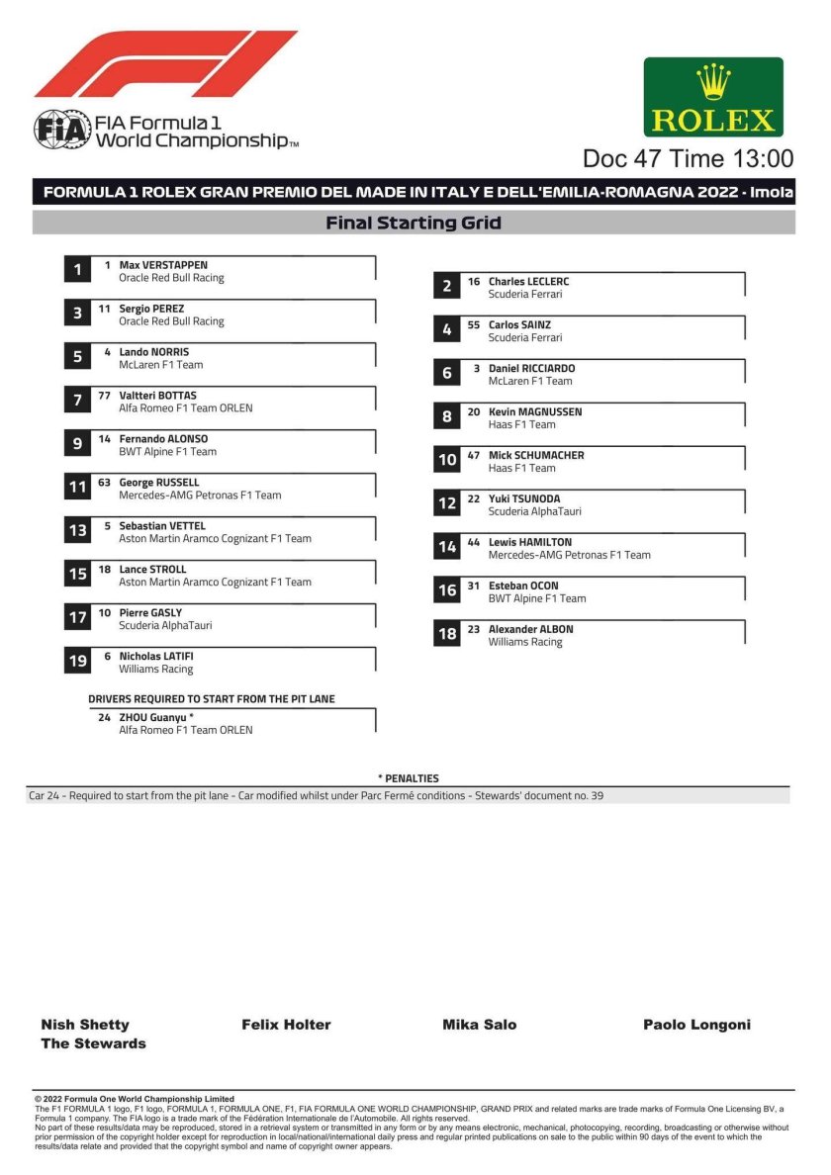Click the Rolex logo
click(713, 97)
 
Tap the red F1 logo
click(166, 63)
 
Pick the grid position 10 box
click(447, 460)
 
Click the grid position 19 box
click(78, 661)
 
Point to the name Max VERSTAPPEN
click(163, 265)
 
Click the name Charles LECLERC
click(528, 282)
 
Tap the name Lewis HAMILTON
click(529, 542)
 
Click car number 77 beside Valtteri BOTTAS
click(104, 396)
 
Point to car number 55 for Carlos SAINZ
click(474, 325)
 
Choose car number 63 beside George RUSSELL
click(104, 483)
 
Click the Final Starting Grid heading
click(414, 224)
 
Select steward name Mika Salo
click(479, 1025)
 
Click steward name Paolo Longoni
click(696, 1025)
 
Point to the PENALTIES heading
click(409, 778)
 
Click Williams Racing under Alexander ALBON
click(524, 642)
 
